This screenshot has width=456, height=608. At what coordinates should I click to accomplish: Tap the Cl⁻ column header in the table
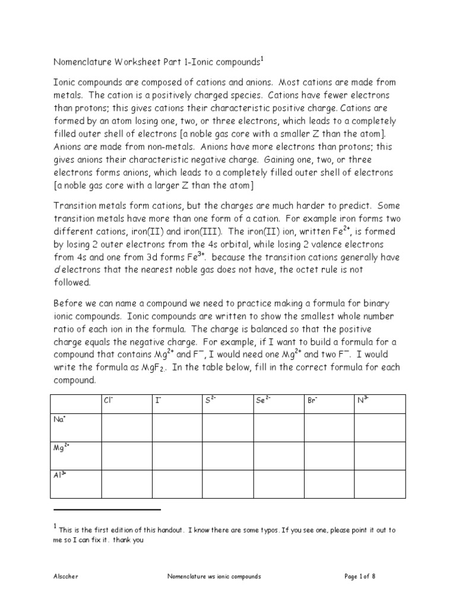(109, 400)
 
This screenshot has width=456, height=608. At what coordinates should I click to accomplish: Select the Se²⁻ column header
(263, 400)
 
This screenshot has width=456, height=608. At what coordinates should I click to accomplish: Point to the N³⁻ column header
(363, 400)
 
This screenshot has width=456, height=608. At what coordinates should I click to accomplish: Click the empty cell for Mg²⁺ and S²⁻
(228, 455)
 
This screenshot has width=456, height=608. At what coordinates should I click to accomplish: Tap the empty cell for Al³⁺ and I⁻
(177, 483)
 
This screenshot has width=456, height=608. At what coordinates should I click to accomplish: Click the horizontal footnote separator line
(107, 509)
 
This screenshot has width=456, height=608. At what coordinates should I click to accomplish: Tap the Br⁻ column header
(312, 400)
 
